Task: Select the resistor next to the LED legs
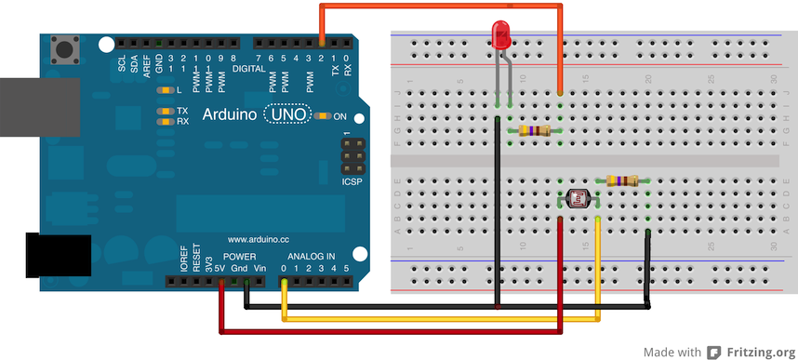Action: [534, 131]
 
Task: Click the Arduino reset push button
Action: [65, 47]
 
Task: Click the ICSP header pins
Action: [352, 157]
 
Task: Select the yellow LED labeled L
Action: [165, 91]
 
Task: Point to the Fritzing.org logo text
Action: [755, 352]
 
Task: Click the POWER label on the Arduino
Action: [240, 256]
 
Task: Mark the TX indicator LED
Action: [165, 111]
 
